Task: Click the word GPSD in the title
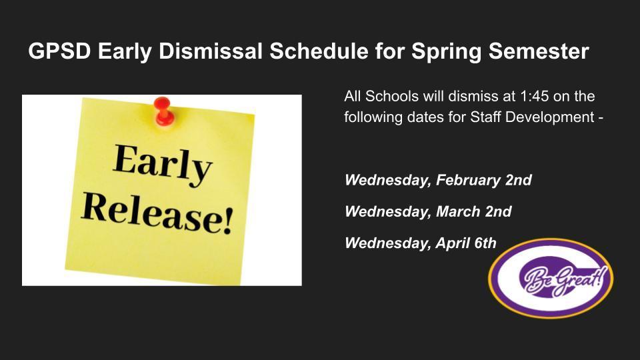pos(59,51)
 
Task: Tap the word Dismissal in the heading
pos(210,51)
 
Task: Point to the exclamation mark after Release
pos(228,221)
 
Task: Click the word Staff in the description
pos(486,117)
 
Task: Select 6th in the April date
pos(485,243)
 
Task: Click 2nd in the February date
pos(519,180)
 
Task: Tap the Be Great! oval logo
pos(551,279)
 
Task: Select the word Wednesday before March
pos(388,212)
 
